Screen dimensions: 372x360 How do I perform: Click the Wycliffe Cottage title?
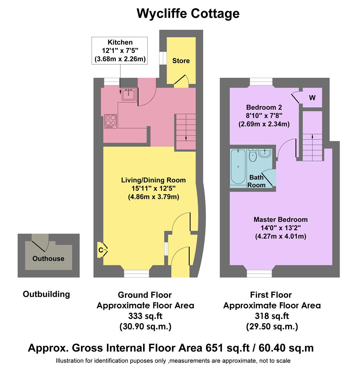(188, 14)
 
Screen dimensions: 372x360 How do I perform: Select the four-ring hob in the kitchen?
(111, 121)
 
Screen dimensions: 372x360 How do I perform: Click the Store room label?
(181, 61)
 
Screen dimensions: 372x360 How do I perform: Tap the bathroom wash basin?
(265, 153)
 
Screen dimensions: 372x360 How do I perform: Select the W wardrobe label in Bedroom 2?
(312, 98)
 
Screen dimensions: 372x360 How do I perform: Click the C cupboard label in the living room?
(101, 250)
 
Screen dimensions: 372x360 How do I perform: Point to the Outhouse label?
(48, 259)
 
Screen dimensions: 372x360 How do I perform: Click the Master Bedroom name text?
(280, 219)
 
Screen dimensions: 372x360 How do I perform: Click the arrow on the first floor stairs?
(312, 136)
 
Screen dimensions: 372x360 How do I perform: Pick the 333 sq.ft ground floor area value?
(145, 316)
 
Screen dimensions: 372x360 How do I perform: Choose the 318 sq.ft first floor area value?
(272, 316)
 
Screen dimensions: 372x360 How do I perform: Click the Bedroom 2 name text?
(264, 107)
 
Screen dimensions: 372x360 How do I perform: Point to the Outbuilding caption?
(46, 294)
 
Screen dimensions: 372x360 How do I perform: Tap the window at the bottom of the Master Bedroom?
(260, 273)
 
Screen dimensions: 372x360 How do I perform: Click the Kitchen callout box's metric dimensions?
(120, 59)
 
